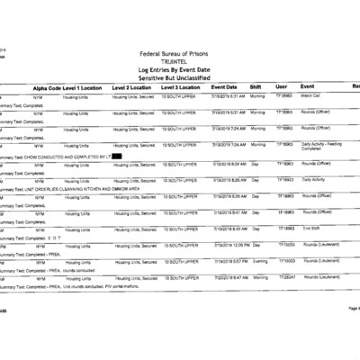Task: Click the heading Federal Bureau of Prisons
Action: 179,53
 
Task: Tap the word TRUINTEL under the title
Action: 179,61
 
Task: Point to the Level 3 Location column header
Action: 181,86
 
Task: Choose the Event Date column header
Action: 224,86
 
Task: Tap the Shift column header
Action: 256,86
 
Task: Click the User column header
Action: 282,86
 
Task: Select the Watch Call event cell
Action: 312,94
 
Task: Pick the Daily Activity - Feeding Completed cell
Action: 319,146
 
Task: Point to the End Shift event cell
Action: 310,229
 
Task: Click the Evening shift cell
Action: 258,261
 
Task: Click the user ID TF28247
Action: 285,277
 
